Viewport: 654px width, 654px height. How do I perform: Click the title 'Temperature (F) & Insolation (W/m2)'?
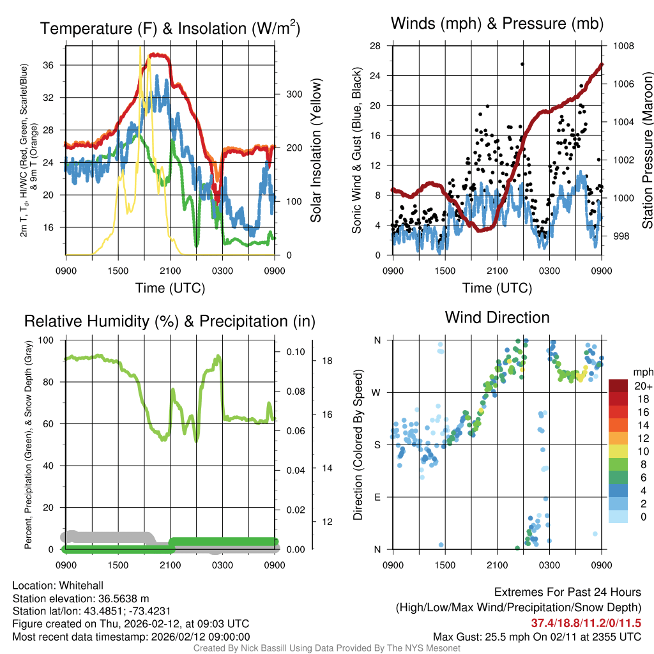[170, 28]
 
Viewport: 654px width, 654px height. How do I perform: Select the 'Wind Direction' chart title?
[497, 317]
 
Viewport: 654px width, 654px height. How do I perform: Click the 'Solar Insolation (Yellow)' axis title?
[316, 151]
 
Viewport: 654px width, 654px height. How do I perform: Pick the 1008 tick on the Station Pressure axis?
[623, 46]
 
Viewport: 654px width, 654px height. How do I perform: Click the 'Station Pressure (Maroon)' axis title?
[646, 151]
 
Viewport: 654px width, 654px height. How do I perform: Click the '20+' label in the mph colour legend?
[643, 386]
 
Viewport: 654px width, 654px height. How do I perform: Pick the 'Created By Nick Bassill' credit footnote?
[327, 648]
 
